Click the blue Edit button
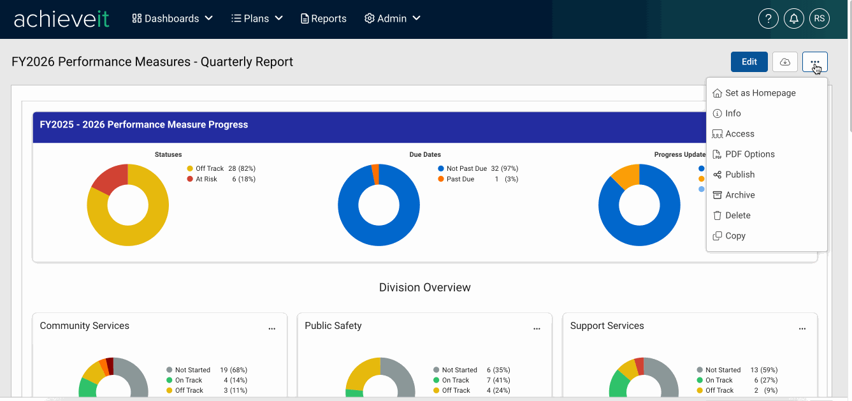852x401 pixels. pyautogui.click(x=749, y=62)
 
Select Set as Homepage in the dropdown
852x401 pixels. pyautogui.click(x=754, y=93)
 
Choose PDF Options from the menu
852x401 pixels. pyautogui.click(x=743, y=154)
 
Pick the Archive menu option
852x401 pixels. pyautogui.click(x=733, y=195)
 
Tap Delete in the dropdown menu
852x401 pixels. pyautogui.click(x=731, y=215)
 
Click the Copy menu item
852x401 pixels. pyautogui.click(x=729, y=236)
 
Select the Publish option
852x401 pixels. pyautogui.click(x=733, y=175)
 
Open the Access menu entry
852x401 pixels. pyautogui.click(x=733, y=134)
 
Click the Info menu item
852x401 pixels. pyautogui.click(x=726, y=113)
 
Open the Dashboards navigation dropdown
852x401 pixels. pyautogui.click(x=172, y=18)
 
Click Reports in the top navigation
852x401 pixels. pyautogui.click(x=323, y=18)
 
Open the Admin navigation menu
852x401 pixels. pyautogui.click(x=392, y=18)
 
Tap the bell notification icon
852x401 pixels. pyautogui.click(x=794, y=18)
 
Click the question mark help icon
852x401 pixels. pyautogui.click(x=769, y=18)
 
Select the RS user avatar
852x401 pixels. pyautogui.click(x=820, y=18)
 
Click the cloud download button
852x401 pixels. pyautogui.click(x=784, y=62)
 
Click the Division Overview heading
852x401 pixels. pyautogui.click(x=424, y=288)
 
